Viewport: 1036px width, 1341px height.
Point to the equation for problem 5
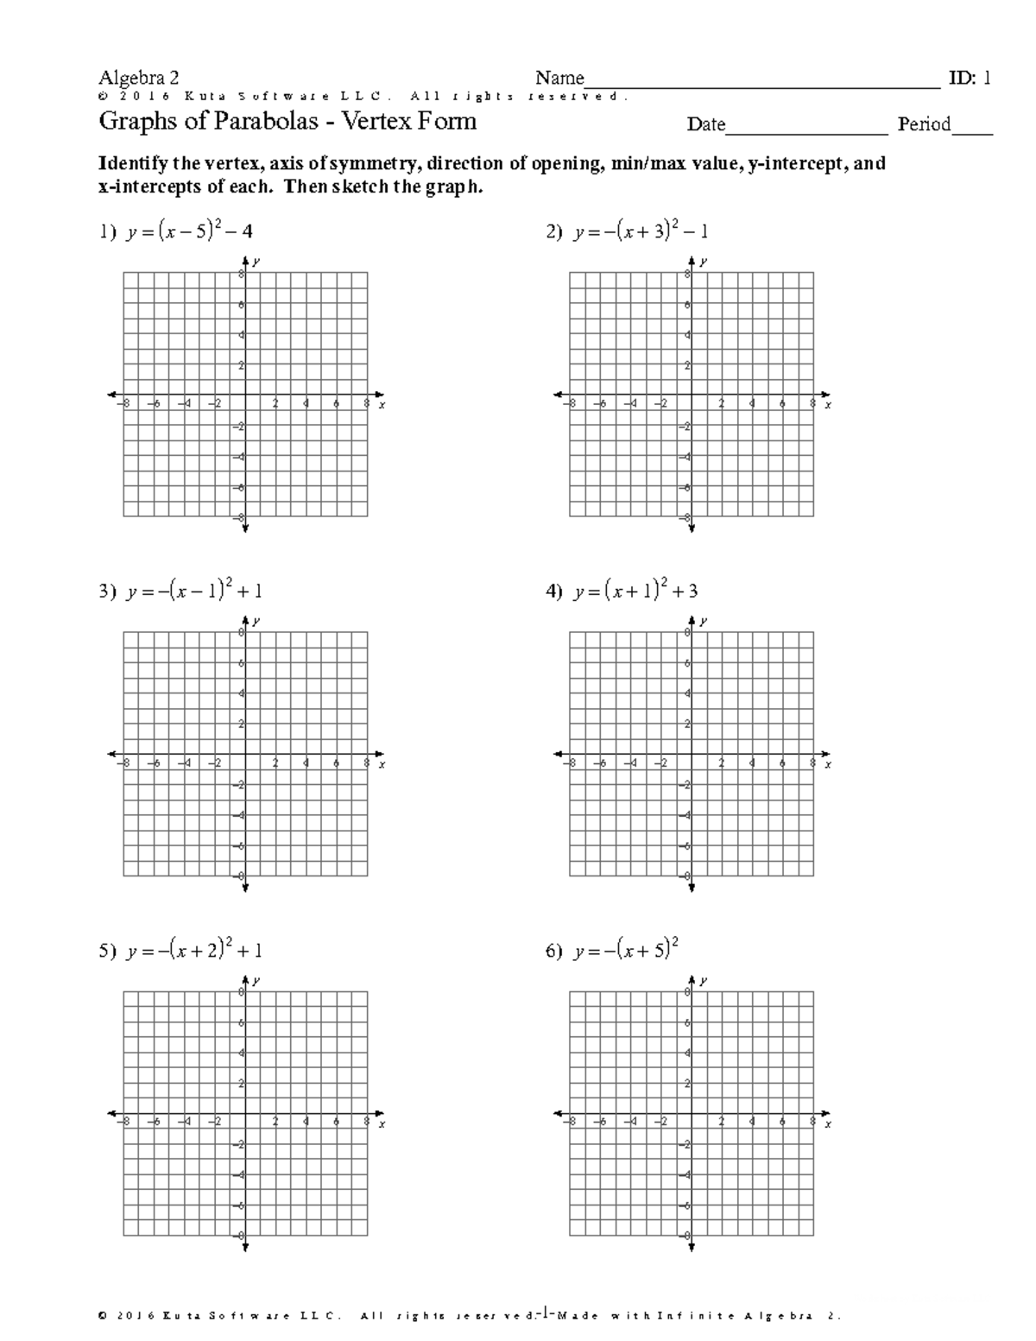[194, 951]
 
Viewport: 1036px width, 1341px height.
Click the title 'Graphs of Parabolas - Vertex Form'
[287, 121]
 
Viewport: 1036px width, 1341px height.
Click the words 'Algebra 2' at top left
[139, 79]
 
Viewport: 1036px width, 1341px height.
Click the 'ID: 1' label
[970, 79]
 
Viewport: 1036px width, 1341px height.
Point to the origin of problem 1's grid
[245, 395]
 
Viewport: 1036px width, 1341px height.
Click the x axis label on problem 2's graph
[828, 404]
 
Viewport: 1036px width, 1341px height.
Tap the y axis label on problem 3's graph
[257, 621]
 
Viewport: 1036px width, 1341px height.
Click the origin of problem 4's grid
[691, 754]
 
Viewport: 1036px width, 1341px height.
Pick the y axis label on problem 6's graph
[703, 981]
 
